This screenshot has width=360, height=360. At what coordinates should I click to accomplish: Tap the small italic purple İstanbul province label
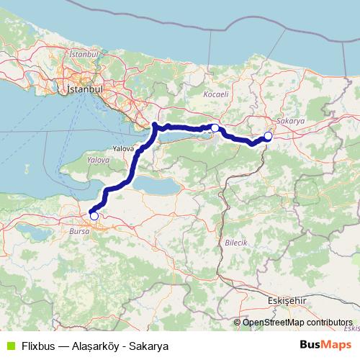click(x=84, y=54)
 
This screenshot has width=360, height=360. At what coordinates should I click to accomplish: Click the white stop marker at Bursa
click(x=94, y=216)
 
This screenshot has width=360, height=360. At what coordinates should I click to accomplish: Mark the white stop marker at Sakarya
click(x=268, y=136)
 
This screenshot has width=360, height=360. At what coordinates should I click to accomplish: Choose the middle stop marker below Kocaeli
click(x=215, y=128)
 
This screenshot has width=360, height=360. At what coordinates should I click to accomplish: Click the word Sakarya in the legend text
click(x=139, y=344)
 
